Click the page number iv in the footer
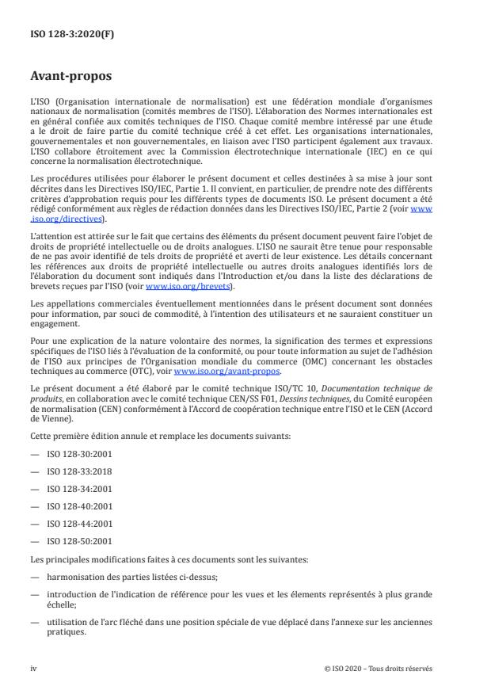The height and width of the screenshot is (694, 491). coord(34,668)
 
